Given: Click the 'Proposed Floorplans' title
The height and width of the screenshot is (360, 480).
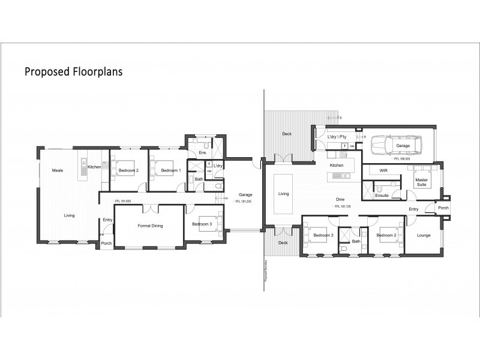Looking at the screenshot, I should (x=73, y=72).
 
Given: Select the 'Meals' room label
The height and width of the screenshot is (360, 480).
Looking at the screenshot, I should (x=58, y=170).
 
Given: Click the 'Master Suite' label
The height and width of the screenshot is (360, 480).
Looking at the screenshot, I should (x=422, y=181).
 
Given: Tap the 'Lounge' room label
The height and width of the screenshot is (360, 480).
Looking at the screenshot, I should (x=424, y=235).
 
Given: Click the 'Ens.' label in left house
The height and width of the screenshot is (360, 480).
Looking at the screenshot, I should (x=203, y=154).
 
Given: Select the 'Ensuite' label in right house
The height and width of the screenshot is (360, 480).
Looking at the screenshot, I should (x=382, y=196).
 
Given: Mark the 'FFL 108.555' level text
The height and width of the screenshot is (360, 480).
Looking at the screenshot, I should (x=402, y=159).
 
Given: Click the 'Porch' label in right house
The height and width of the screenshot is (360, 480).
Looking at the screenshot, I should (x=443, y=208).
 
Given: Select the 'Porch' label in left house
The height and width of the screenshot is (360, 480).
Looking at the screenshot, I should (x=106, y=243).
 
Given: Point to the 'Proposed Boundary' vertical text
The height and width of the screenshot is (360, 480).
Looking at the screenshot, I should (x=265, y=271).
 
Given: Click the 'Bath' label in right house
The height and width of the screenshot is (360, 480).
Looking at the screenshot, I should (x=356, y=241).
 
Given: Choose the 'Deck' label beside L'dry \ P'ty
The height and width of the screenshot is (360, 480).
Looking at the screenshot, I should (x=287, y=134).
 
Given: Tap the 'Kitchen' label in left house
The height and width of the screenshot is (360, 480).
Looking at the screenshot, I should (x=95, y=167).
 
